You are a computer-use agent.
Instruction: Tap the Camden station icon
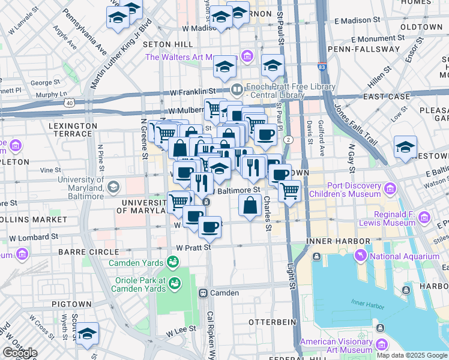click(x=203, y=293)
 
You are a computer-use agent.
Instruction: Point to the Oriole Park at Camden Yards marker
click(x=175, y=283)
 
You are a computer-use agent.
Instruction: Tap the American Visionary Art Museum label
click(x=336, y=346)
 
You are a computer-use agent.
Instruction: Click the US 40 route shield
click(x=70, y=103)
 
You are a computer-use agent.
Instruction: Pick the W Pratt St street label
click(x=194, y=247)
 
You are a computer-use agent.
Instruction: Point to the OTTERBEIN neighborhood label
click(x=273, y=322)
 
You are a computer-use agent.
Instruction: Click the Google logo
click(x=20, y=352)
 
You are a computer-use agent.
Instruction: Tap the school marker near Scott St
click(x=87, y=335)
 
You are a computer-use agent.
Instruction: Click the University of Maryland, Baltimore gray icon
click(x=112, y=187)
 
